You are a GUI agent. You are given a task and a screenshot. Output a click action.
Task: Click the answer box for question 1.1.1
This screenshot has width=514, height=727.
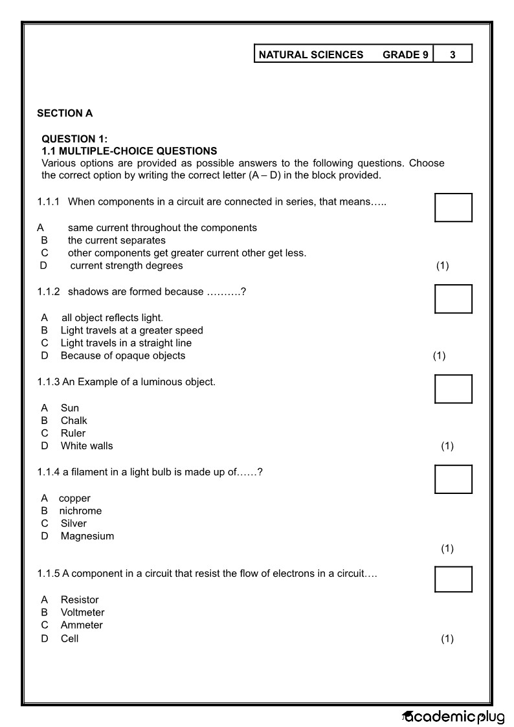click(x=453, y=207)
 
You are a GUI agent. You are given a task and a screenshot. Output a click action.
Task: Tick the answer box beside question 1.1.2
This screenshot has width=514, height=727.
click(x=453, y=298)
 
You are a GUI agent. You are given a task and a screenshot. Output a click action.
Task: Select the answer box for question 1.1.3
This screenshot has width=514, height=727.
click(x=453, y=388)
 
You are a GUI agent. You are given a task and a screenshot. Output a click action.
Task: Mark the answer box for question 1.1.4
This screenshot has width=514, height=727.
click(x=453, y=479)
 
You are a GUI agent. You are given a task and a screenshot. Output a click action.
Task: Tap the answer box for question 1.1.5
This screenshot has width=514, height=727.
click(x=453, y=579)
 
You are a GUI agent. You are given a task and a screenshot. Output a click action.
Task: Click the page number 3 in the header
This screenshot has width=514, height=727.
click(x=453, y=54)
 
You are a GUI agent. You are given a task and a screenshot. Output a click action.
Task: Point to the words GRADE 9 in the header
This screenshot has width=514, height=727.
click(x=405, y=54)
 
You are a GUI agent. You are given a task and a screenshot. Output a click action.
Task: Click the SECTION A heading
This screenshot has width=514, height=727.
click(x=65, y=113)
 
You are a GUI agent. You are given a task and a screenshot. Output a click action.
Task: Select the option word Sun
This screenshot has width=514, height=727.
click(x=70, y=408)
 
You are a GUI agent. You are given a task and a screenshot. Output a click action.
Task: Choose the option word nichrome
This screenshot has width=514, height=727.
click(x=80, y=511)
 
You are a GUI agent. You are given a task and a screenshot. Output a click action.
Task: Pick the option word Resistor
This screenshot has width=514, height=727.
click(x=80, y=599)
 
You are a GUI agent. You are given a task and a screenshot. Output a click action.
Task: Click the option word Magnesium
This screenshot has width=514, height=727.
click(x=87, y=536)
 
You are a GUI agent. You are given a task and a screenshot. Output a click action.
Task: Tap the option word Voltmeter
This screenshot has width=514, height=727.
click(x=82, y=612)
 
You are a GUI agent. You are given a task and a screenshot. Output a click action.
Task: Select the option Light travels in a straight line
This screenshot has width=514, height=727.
click(x=126, y=343)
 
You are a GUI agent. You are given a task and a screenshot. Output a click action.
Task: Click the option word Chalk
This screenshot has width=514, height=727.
click(x=74, y=420)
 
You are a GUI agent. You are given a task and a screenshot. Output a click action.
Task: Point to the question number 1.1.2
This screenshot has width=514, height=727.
click(x=49, y=292)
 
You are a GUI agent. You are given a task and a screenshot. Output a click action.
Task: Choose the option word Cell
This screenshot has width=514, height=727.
click(x=69, y=638)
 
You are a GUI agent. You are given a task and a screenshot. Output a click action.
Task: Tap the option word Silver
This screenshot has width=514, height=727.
click(x=73, y=523)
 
